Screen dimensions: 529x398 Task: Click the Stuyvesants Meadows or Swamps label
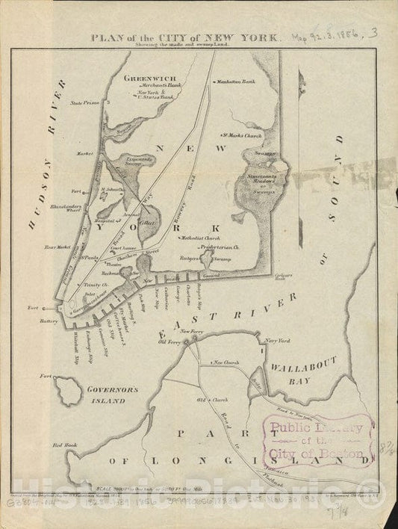[258, 180]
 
